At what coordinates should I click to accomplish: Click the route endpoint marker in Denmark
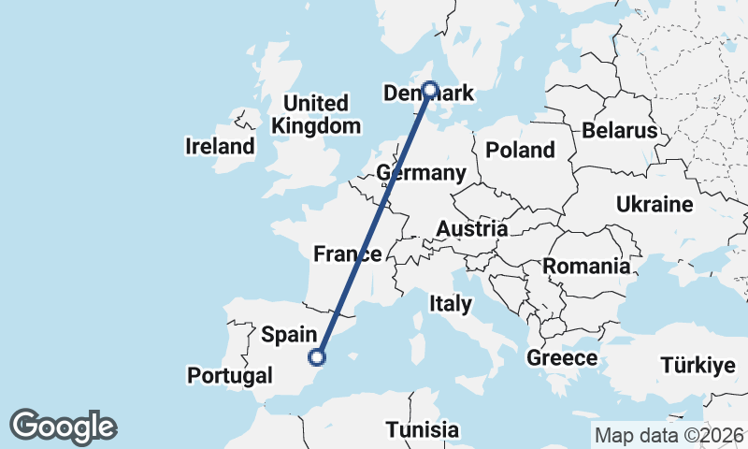click(430, 90)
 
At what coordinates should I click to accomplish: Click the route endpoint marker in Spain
click(318, 356)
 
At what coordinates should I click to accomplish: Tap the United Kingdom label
click(315, 114)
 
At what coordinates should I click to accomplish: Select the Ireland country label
click(220, 146)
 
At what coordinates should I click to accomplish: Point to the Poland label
click(520, 150)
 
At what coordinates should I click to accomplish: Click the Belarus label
click(620, 130)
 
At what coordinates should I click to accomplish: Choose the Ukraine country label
click(654, 205)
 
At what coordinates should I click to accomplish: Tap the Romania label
click(586, 266)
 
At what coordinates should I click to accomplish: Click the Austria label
click(472, 228)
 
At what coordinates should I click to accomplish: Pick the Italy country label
click(451, 303)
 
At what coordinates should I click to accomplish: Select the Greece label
click(562, 357)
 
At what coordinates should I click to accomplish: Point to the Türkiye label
click(698, 365)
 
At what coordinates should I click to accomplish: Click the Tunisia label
click(424, 430)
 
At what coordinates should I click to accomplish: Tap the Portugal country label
click(229, 376)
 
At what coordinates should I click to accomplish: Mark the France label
click(347, 253)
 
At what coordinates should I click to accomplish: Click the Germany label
click(421, 173)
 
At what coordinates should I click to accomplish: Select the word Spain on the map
click(294, 333)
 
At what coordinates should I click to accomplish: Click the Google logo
click(63, 427)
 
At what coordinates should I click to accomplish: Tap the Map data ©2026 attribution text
click(669, 435)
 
